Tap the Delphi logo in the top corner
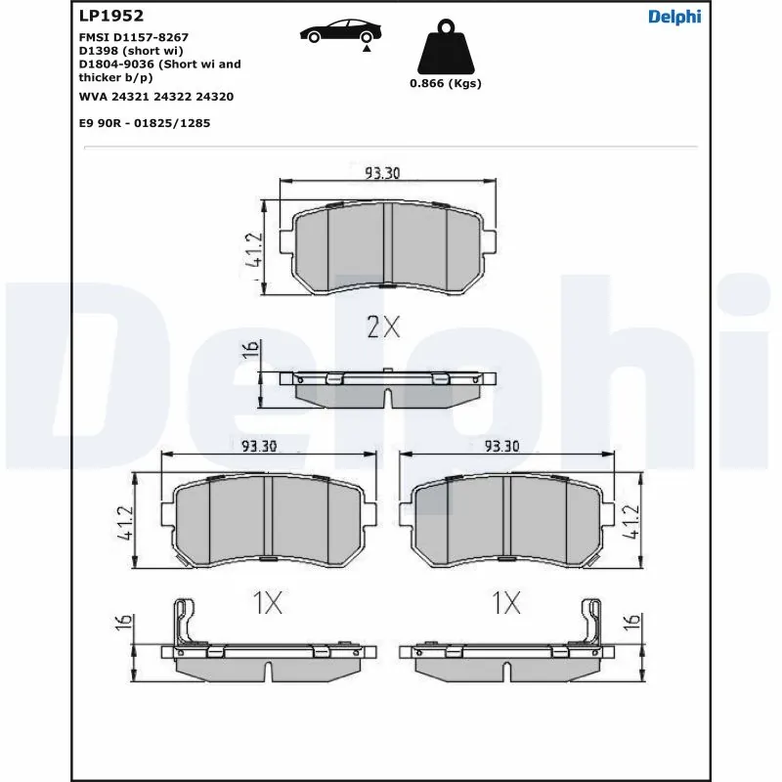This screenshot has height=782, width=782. click(674, 16)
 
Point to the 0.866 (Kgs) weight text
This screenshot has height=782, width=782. click(445, 84)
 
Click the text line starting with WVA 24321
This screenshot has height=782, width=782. click(155, 97)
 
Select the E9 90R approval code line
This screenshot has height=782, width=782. click(145, 123)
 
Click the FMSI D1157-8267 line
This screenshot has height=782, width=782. click(133, 36)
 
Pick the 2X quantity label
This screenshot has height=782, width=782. click(383, 327)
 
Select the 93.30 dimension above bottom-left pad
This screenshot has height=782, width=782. click(259, 446)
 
